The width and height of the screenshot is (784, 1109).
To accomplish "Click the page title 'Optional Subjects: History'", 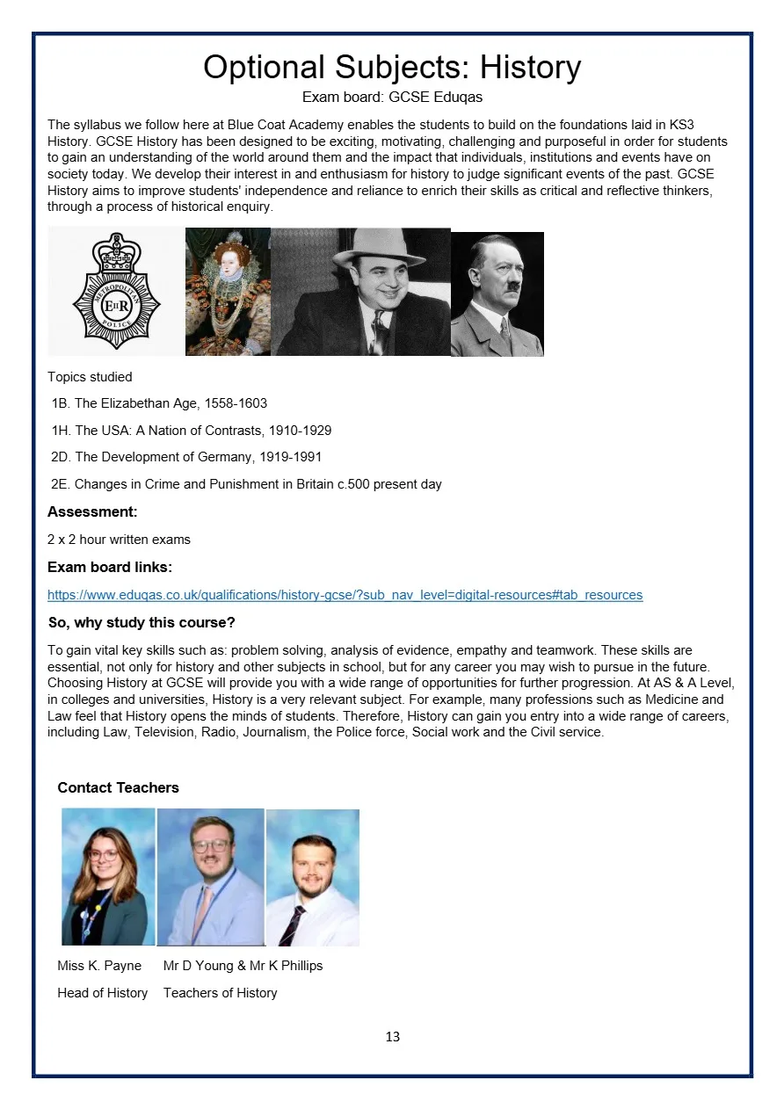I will [x=392, y=68].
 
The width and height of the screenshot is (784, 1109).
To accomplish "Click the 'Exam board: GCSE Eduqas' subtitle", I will [x=392, y=98].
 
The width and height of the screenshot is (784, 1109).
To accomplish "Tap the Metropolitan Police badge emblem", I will [x=117, y=292].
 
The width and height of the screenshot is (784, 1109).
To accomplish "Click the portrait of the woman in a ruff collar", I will [x=227, y=292].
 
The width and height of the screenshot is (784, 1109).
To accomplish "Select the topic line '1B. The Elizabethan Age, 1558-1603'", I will [x=159, y=403].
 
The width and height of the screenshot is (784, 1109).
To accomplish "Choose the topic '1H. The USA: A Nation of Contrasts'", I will [x=191, y=431].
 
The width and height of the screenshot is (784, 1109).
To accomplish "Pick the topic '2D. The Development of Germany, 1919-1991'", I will [x=186, y=457].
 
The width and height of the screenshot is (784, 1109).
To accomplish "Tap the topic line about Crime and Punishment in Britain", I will [x=246, y=484].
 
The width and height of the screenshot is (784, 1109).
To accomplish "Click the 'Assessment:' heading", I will [x=92, y=512].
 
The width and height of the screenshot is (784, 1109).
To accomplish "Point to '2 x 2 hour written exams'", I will [x=119, y=540].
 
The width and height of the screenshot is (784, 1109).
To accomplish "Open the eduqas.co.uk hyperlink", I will [x=345, y=595].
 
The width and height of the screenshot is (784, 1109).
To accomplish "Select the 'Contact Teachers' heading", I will [x=118, y=787].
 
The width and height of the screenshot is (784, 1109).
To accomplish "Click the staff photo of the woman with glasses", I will [x=108, y=876].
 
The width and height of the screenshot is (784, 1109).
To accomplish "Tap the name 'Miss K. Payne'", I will [x=99, y=966].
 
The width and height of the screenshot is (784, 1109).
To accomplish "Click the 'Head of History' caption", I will [x=102, y=993].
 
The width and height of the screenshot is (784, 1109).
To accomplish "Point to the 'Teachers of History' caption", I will [x=220, y=993].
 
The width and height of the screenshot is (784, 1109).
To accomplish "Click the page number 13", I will [x=392, y=1037].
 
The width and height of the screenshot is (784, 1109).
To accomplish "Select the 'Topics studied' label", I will [x=90, y=377].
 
